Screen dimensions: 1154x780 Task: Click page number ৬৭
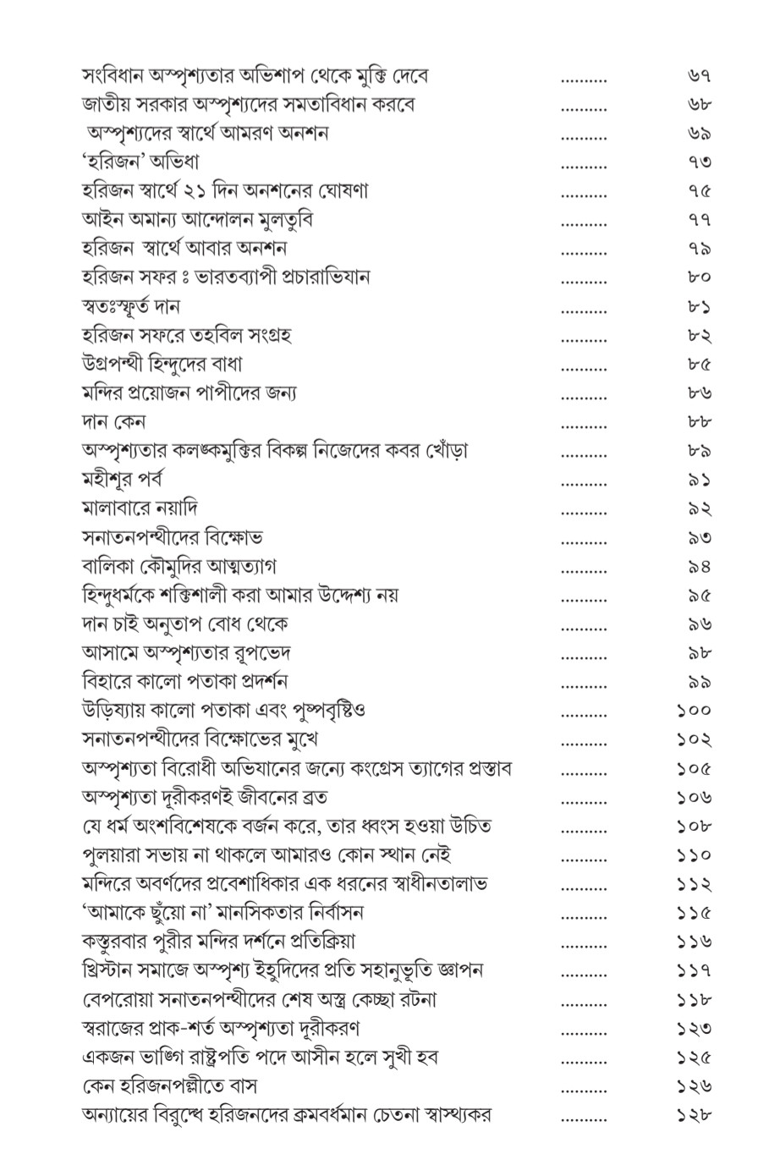coord(699,77)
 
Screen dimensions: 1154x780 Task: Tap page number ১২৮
coord(695,1114)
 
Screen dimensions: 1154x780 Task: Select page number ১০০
coord(695,711)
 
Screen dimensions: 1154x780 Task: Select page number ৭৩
coord(699,163)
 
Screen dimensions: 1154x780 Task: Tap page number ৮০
coord(699,278)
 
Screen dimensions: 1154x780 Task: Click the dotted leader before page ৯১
coord(584,481)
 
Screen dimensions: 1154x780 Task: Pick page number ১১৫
coord(695,912)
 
